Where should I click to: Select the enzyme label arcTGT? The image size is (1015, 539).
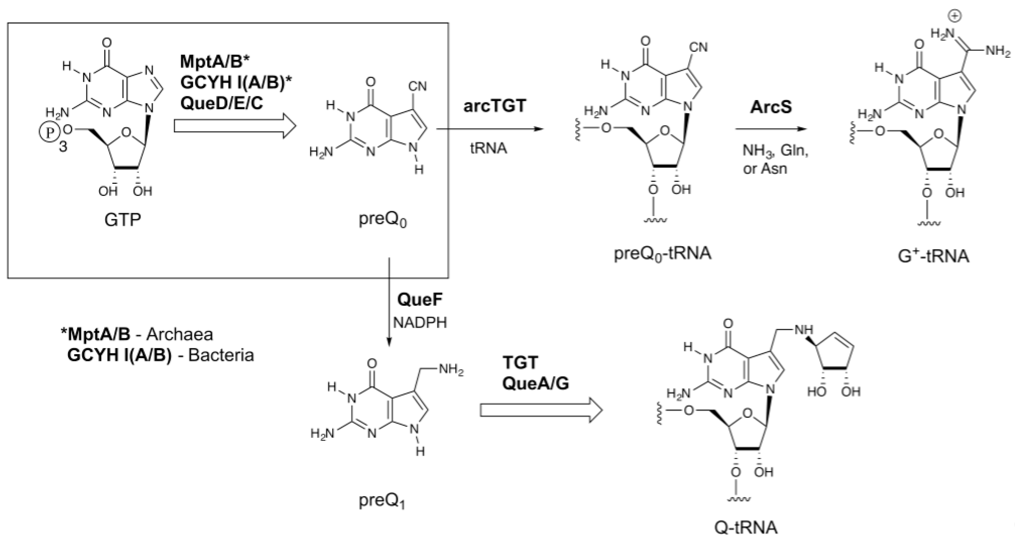point(495,106)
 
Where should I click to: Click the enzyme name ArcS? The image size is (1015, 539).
point(770,107)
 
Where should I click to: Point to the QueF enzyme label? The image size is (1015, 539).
point(420,300)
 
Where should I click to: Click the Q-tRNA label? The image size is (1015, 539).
point(746,527)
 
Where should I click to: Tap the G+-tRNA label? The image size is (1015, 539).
point(933,256)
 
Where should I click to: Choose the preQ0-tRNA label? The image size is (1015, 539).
point(663,253)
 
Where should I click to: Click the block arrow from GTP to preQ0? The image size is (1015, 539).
point(235,127)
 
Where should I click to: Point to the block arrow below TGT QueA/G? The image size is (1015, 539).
point(541,410)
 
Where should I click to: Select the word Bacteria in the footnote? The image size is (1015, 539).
point(221,355)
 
